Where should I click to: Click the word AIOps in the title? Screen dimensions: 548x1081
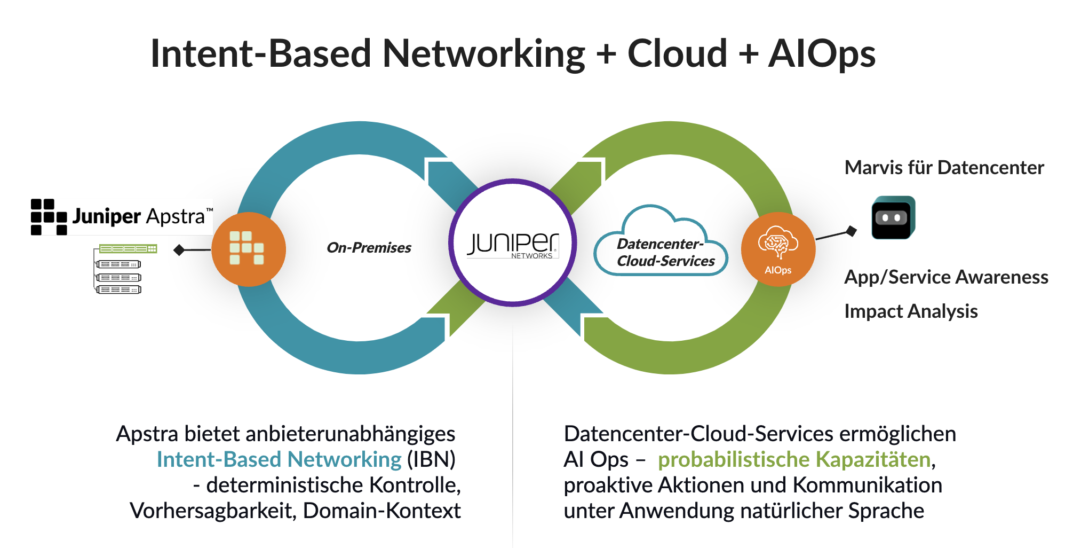pyautogui.click(x=822, y=54)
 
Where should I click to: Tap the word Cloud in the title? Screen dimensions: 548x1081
pyautogui.click(x=677, y=54)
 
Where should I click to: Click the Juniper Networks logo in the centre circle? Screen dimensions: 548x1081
pyautogui.click(x=513, y=245)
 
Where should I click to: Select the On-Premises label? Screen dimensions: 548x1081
pyautogui.click(x=369, y=248)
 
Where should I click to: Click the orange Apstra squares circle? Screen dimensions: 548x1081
pyautogui.click(x=249, y=249)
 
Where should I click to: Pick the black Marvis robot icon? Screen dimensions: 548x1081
pyautogui.click(x=893, y=218)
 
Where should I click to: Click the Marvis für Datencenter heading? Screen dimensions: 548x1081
pyautogui.click(x=944, y=168)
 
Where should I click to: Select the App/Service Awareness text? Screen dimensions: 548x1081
pyautogui.click(x=946, y=277)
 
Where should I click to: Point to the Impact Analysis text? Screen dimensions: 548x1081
pyautogui.click(x=911, y=311)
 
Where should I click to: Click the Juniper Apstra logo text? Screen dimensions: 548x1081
pyautogui.click(x=139, y=216)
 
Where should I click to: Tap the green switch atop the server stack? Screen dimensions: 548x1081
pyautogui.click(x=128, y=249)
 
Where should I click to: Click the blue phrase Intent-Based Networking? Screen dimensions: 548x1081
pyautogui.click(x=279, y=460)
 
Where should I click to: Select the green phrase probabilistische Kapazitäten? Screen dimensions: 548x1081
pyautogui.click(x=794, y=460)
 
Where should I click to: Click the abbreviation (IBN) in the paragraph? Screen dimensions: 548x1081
pyautogui.click(x=431, y=460)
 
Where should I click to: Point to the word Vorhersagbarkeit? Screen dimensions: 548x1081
pyautogui.click(x=212, y=511)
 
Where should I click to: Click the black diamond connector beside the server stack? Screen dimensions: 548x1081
pyautogui.click(x=179, y=250)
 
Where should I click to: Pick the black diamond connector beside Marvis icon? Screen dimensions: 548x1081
pyautogui.click(x=852, y=231)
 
